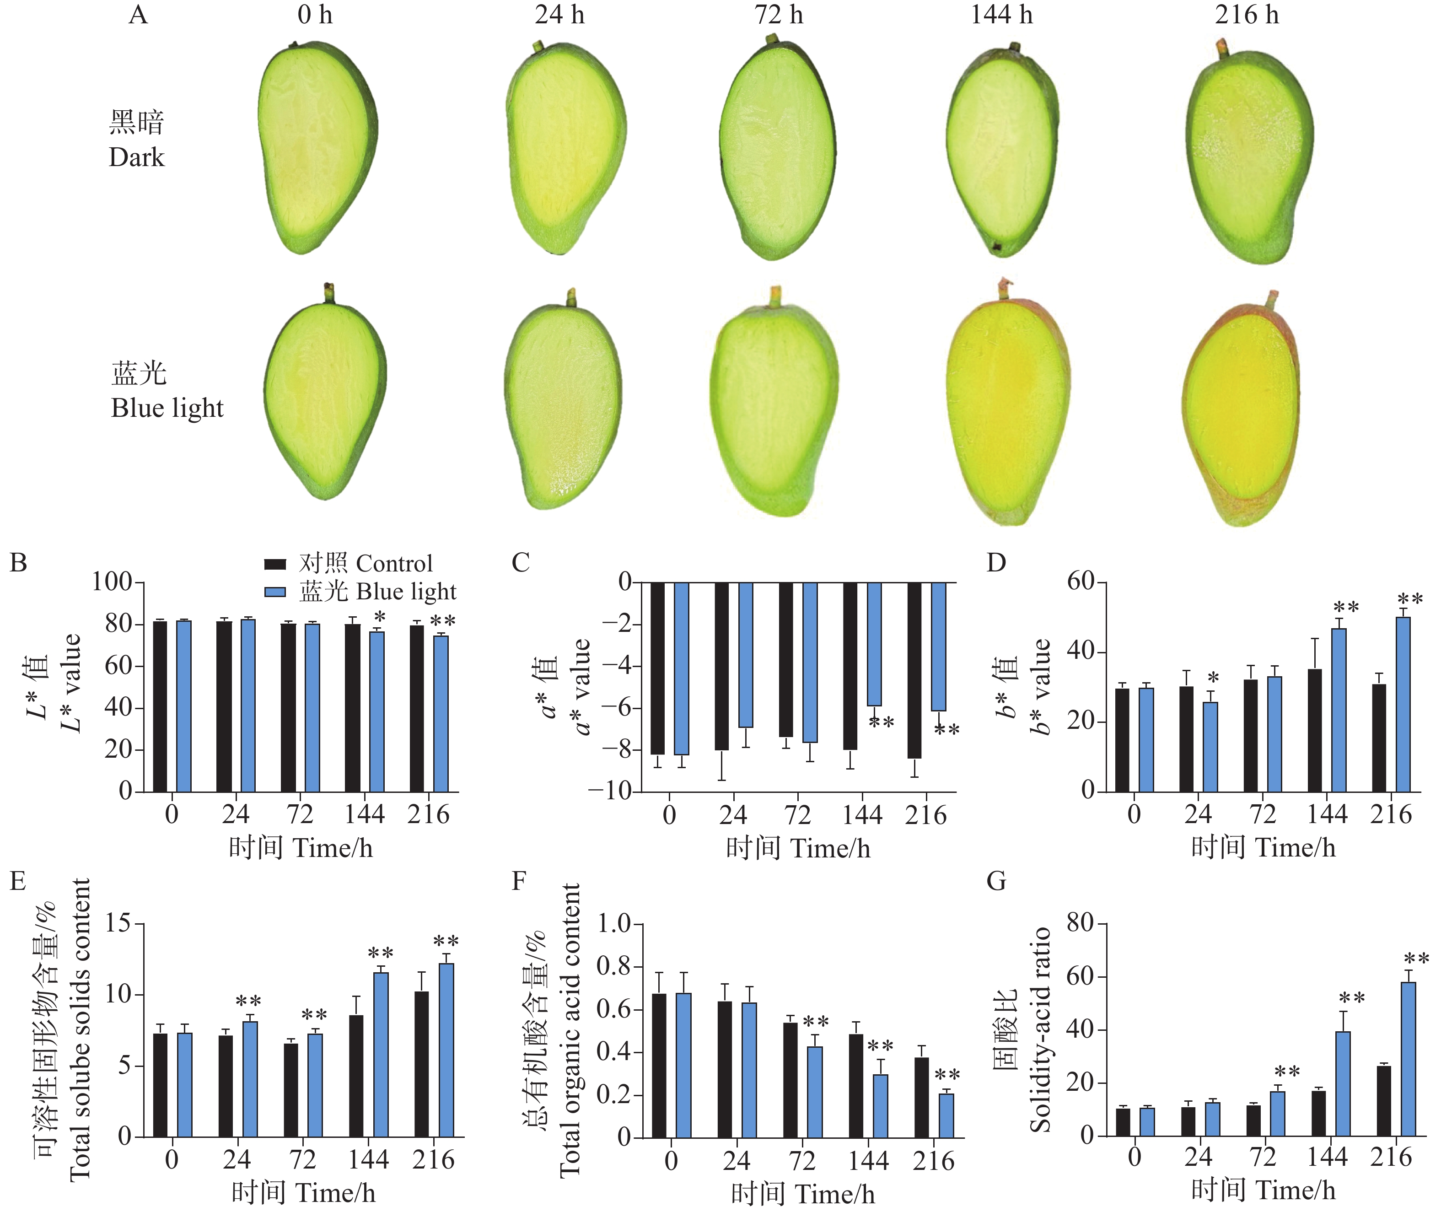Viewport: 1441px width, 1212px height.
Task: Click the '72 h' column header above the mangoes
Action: [x=779, y=15]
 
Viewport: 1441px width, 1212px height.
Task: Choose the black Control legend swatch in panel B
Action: [x=275, y=564]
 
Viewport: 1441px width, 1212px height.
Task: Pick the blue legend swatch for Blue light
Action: [x=275, y=592]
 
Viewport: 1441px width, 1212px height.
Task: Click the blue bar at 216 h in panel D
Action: [x=1403, y=704]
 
